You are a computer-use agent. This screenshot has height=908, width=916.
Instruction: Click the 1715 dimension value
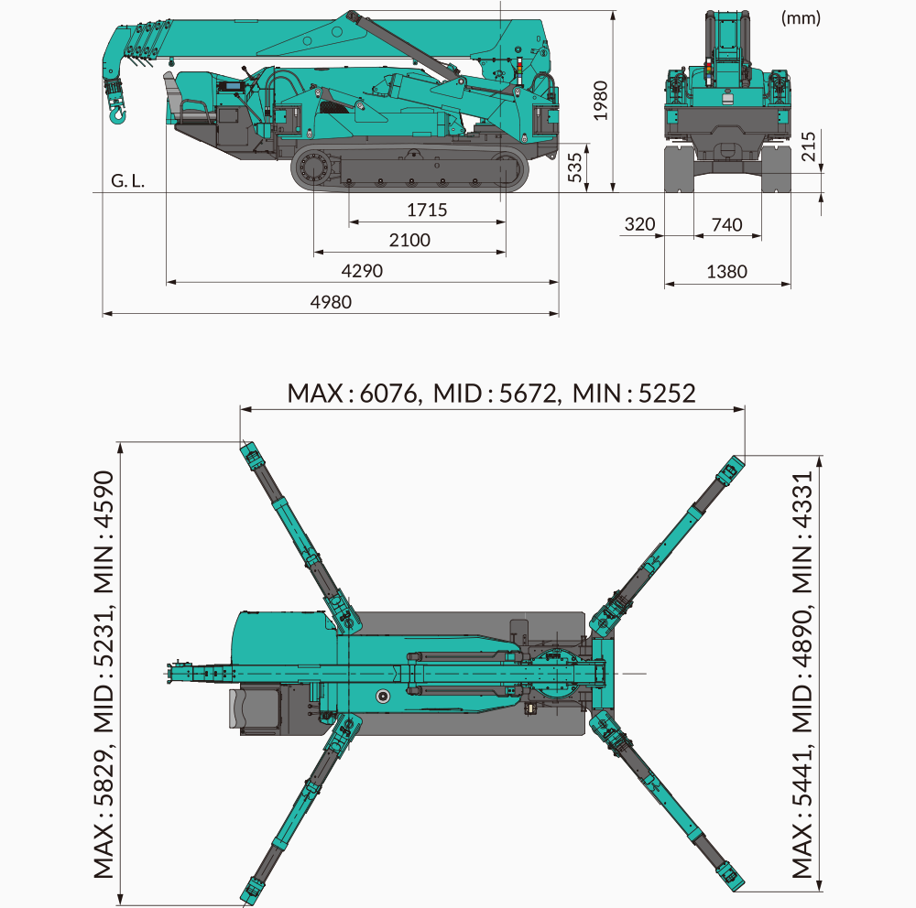[x=427, y=210]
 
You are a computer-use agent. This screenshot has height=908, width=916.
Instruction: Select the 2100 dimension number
[x=409, y=240]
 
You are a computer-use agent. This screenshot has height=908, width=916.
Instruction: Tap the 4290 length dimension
[x=362, y=271]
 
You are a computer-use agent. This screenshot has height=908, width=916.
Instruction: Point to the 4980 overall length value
[x=331, y=302]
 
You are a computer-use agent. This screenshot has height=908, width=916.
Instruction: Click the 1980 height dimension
[x=600, y=101]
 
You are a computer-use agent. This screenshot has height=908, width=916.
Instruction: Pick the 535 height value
[x=575, y=168]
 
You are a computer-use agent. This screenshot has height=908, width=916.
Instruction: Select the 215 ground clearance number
[x=808, y=146]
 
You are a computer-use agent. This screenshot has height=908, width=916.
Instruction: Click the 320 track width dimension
[x=639, y=224]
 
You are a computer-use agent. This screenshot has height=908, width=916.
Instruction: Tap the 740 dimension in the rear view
[x=726, y=225]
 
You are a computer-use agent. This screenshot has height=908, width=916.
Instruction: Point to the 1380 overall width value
[x=726, y=272]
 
